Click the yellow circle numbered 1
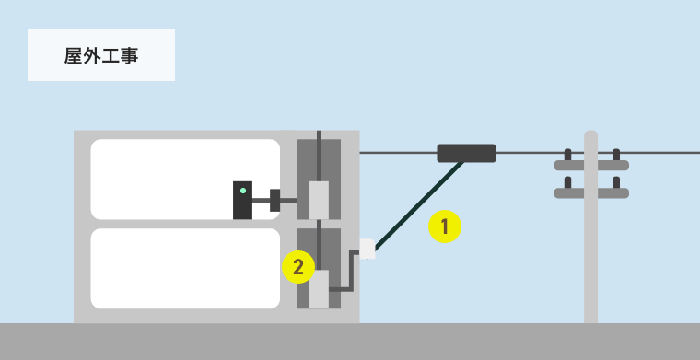coord(445,226)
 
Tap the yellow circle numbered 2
coord(298,267)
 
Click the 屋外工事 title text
coord(101,56)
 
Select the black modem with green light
coord(242,201)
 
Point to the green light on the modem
coord(243,191)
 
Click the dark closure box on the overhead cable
coord(467,153)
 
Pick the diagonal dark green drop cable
coord(419,205)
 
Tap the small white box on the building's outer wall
coord(367,249)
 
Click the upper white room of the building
coord(185,180)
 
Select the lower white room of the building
coord(185,269)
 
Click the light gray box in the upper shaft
coord(320,201)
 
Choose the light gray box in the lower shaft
coord(320,289)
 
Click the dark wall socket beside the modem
coord(275,201)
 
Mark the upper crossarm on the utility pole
coord(591,166)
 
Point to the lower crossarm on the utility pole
coord(591,193)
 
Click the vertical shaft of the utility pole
coord(591,226)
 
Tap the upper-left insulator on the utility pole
coord(568,155)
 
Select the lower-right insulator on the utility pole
coord(616,182)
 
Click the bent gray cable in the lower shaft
coord(351,272)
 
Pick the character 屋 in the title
coord(73,56)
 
